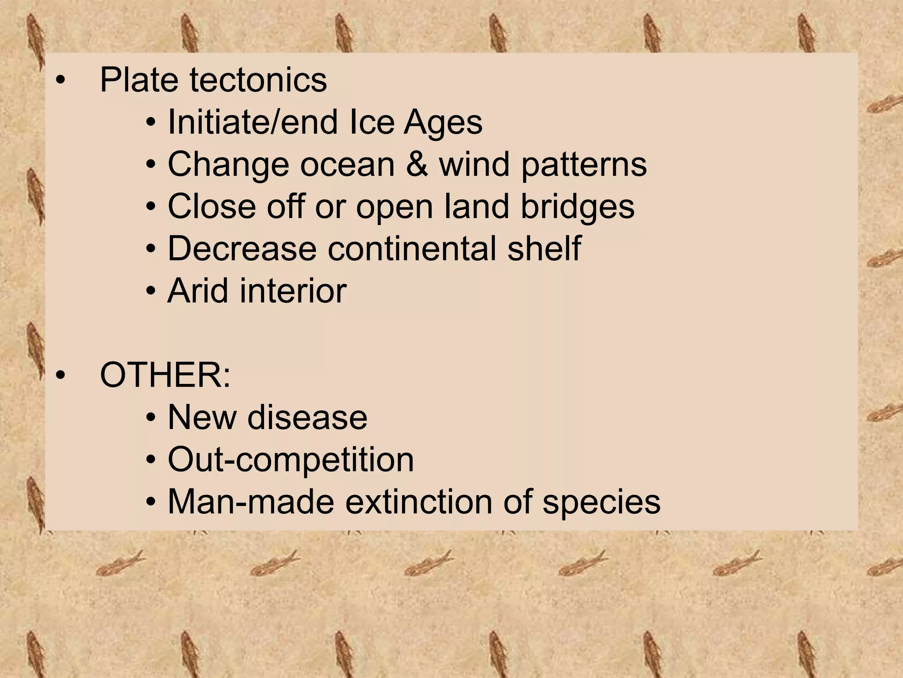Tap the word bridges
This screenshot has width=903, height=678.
[578, 207]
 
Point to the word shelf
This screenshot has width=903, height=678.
[544, 249]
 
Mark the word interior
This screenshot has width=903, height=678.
[293, 290]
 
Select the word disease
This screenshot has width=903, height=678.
[307, 417]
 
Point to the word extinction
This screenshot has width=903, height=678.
[418, 501]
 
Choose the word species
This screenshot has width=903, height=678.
[601, 502]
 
